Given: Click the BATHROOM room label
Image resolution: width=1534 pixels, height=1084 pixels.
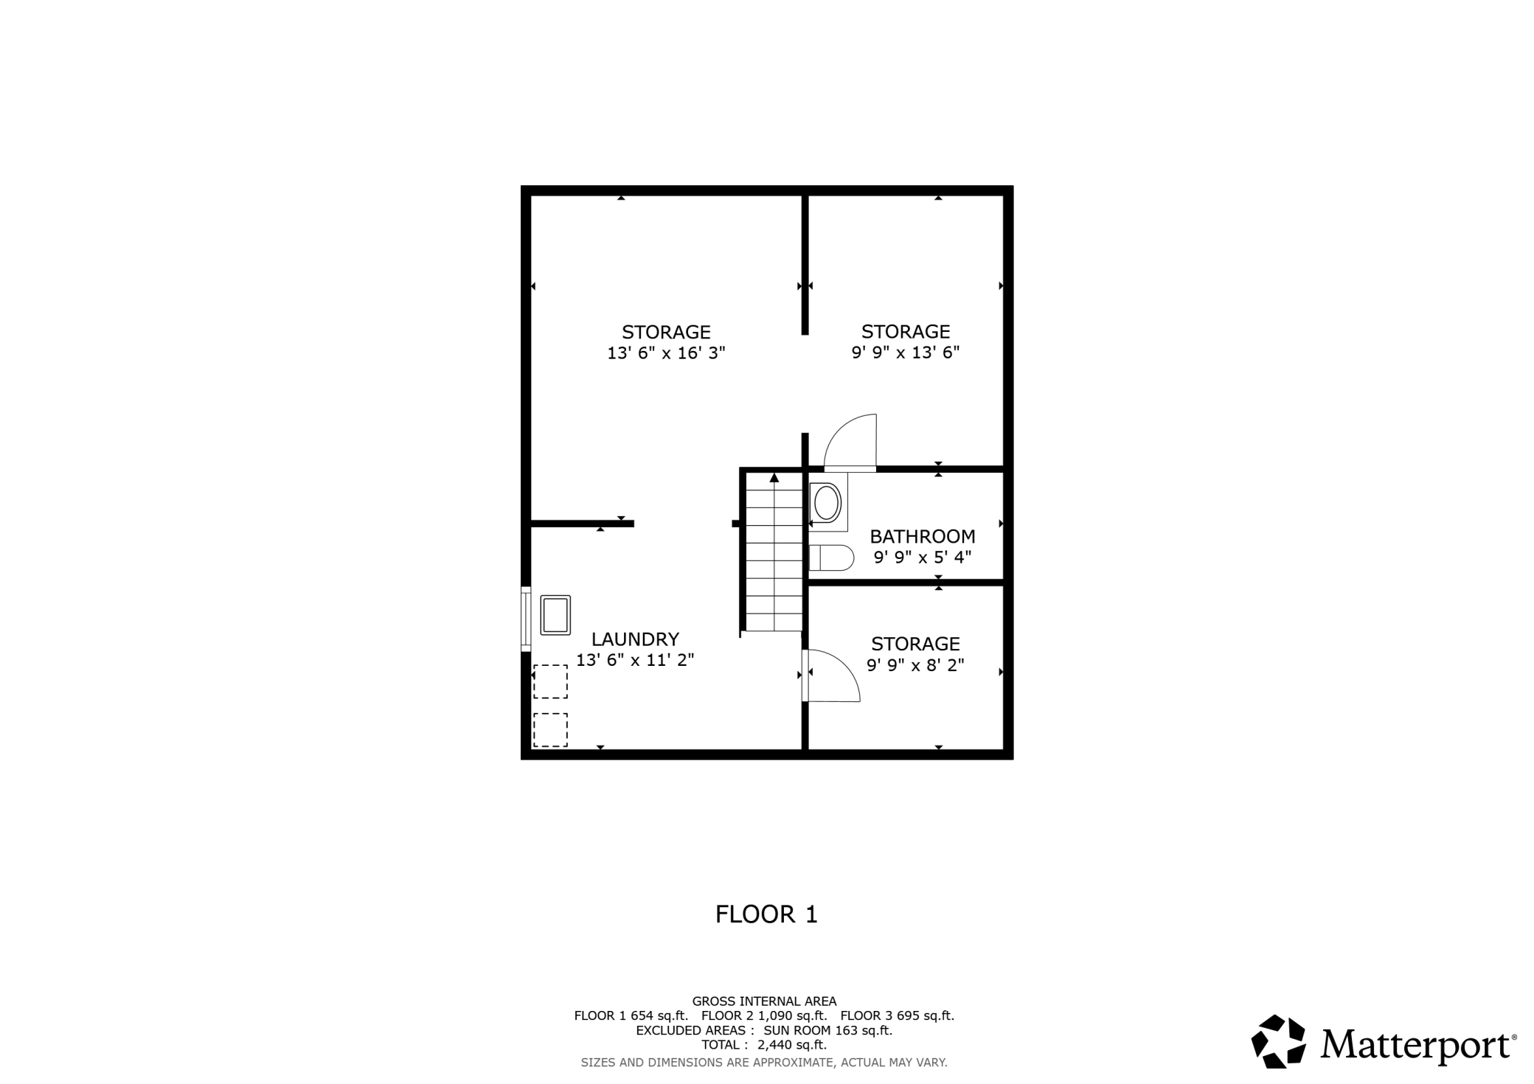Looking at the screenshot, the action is (923, 536).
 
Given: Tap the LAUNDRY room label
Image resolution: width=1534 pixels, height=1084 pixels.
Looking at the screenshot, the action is (635, 639).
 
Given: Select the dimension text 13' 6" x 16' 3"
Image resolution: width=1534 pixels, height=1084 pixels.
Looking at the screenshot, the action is (666, 353).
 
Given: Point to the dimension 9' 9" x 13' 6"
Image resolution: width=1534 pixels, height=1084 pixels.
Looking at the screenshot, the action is (906, 352).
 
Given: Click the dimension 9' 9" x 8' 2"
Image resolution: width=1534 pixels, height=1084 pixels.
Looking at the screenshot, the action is (915, 665).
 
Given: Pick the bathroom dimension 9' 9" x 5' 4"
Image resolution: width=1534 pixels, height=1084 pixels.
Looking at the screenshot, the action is (923, 557).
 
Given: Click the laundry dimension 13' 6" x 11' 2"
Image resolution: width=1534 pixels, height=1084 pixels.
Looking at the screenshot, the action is (635, 660).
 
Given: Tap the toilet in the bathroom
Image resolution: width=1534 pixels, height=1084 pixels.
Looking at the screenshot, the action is (831, 557).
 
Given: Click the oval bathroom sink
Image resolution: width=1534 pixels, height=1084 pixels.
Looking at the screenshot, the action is (827, 503).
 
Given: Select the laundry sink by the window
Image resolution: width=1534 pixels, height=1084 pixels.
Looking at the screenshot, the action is (555, 615).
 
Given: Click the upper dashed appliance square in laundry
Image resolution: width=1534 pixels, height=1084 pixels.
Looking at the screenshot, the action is (550, 681).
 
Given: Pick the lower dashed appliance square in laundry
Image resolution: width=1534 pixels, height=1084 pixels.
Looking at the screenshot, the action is (550, 729).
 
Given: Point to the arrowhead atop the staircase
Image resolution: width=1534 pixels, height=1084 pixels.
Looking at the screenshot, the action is (774, 477).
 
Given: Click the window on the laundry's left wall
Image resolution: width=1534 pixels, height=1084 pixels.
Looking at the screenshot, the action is (526, 619).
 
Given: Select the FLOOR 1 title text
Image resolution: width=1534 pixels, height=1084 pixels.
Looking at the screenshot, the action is (766, 914).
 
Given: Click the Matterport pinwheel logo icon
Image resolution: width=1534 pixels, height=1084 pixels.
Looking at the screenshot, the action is (1279, 1041).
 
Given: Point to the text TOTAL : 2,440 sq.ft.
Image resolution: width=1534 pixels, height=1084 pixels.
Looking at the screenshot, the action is (764, 1045).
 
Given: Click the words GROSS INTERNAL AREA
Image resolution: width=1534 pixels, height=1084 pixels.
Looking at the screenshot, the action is (764, 1001).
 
